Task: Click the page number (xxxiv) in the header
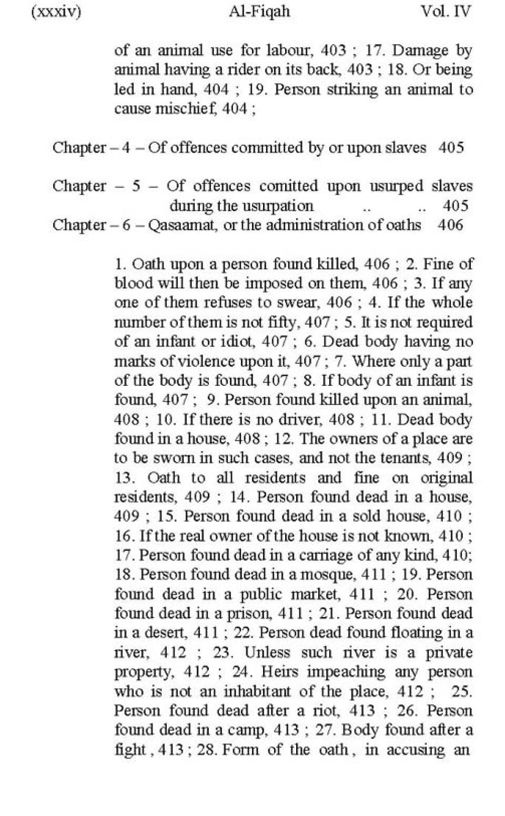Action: point(56,12)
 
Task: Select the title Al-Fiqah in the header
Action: point(259,12)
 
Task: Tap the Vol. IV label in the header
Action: point(446,12)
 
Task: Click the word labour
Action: point(288,51)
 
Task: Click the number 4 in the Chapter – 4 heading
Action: point(126,147)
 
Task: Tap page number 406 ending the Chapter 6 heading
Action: point(450,225)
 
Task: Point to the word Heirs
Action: point(279,672)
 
